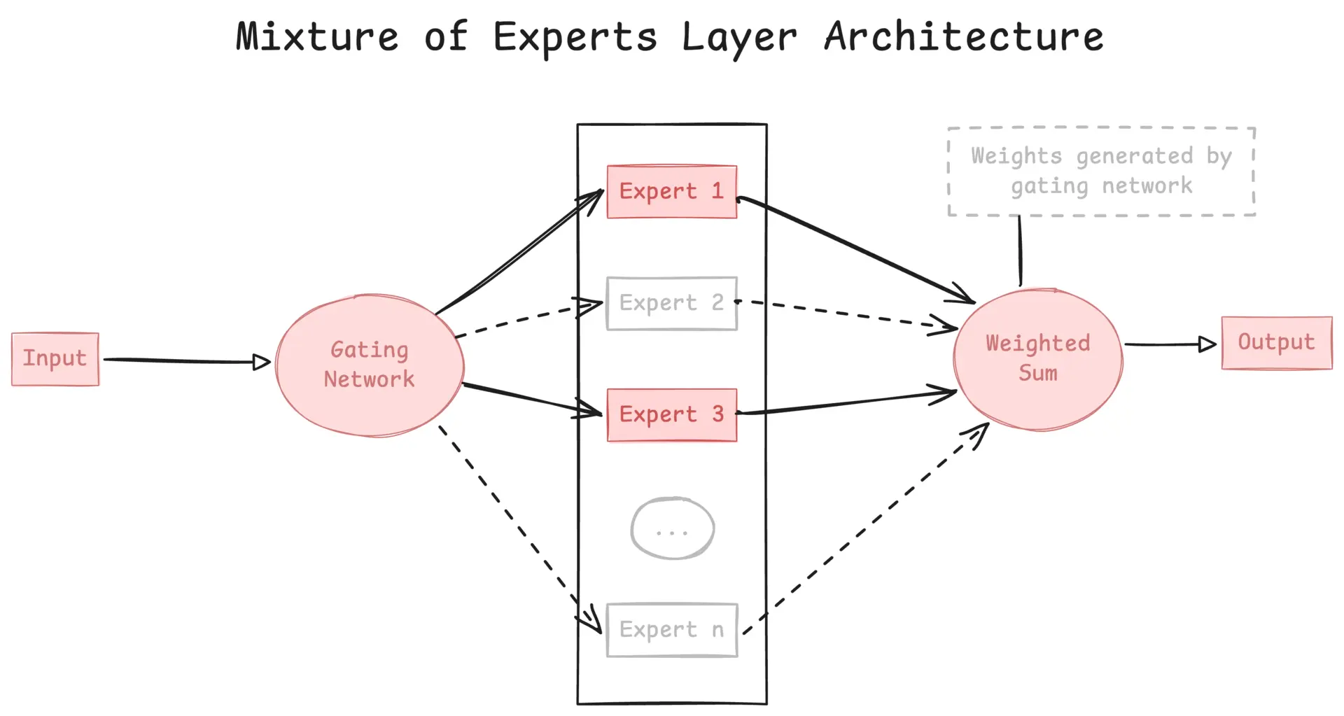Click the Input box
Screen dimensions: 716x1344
tap(55, 358)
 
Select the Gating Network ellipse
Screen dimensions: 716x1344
tap(370, 365)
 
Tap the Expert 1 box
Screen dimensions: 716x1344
tap(671, 192)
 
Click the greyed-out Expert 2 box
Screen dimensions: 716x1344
tap(671, 303)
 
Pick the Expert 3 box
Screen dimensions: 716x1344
tap(671, 414)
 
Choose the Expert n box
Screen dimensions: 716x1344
tap(671, 630)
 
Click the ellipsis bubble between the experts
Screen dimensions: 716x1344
tap(672, 528)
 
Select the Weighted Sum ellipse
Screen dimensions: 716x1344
tap(1037, 358)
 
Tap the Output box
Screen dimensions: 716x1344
tap(1276, 342)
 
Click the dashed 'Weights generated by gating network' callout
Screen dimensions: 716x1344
tap(1100, 171)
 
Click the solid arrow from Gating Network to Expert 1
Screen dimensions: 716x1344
tap(518, 253)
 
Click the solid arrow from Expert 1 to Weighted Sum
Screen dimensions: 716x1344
tap(854, 248)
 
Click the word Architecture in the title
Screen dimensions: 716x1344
tap(963, 36)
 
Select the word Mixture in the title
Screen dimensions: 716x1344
tap(317, 36)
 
